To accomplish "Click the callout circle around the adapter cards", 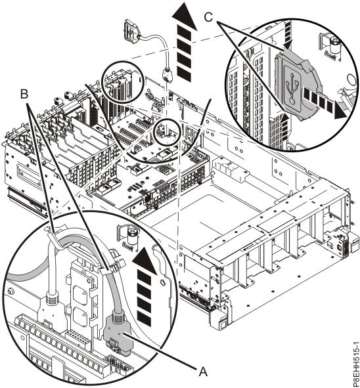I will click(x=122, y=84).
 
